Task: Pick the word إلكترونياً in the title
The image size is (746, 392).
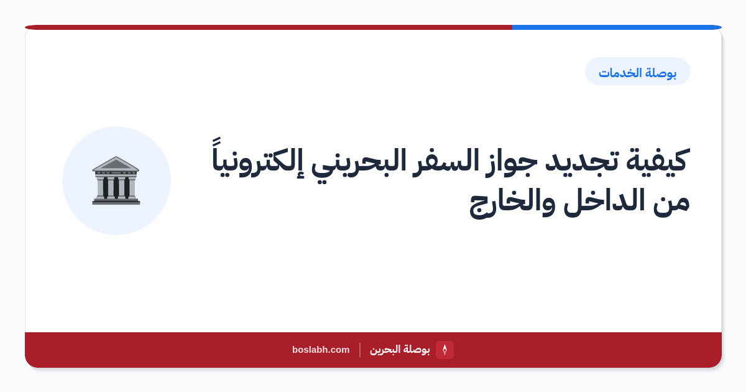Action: pyautogui.click(x=258, y=157)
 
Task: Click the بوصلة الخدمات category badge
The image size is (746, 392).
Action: pyautogui.click(x=638, y=72)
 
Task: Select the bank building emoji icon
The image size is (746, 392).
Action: pyautogui.click(x=116, y=180)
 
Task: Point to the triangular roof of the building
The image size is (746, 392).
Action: pyautogui.click(x=116, y=164)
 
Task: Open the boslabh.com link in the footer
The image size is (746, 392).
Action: pyautogui.click(x=321, y=350)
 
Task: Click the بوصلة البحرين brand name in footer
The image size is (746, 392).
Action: pyautogui.click(x=400, y=350)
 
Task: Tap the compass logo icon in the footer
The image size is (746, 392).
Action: pyautogui.click(x=444, y=350)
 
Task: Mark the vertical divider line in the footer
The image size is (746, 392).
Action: pyautogui.click(x=360, y=350)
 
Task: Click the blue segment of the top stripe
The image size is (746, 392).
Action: pyautogui.click(x=617, y=27)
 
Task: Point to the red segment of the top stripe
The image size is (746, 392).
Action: pyautogui.click(x=269, y=27)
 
